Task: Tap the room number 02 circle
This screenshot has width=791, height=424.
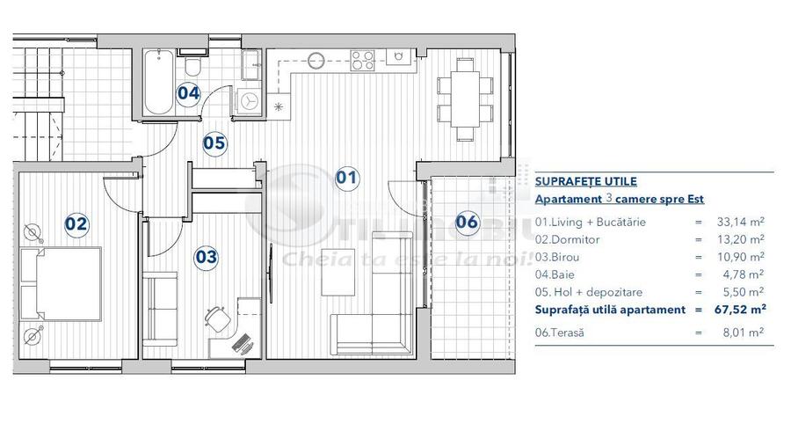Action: (x=77, y=223)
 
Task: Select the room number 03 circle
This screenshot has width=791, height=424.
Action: (x=207, y=257)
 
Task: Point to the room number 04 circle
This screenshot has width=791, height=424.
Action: (x=188, y=92)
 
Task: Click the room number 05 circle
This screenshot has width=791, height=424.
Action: (x=214, y=143)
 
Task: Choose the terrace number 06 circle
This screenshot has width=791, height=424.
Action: (x=467, y=222)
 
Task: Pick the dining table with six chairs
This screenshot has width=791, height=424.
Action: (x=464, y=99)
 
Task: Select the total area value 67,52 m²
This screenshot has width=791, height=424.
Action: (x=742, y=309)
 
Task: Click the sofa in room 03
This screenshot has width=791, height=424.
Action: (x=159, y=309)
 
